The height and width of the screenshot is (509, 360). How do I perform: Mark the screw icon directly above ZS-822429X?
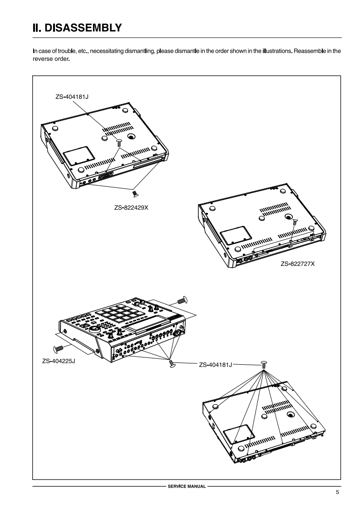pyautogui.click(x=135, y=194)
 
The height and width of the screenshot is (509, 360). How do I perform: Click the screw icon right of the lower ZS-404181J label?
pyautogui.click(x=264, y=364)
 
